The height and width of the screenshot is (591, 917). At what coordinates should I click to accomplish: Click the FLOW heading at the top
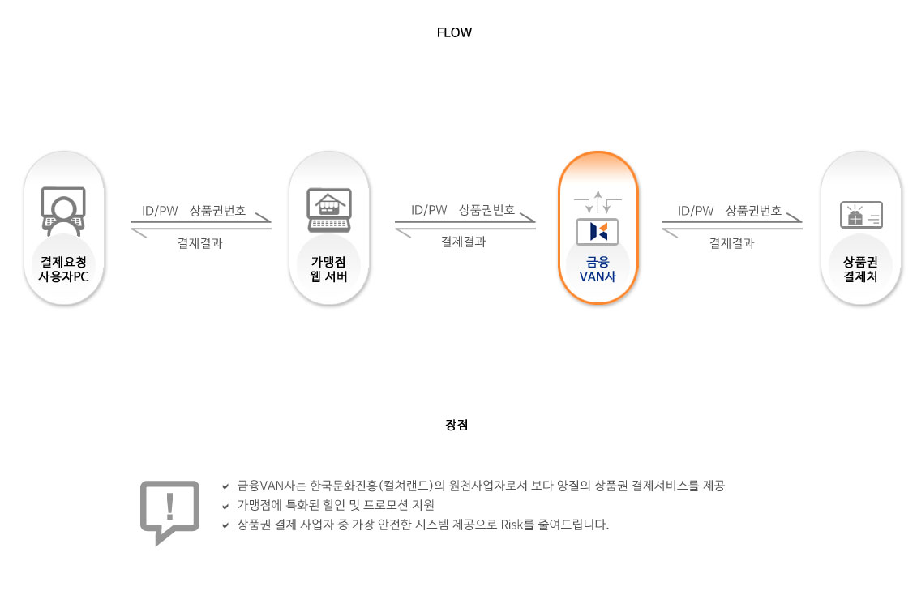[454, 33]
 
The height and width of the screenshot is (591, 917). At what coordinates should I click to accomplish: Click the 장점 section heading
[456, 425]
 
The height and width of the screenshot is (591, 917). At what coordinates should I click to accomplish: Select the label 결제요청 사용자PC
[63, 269]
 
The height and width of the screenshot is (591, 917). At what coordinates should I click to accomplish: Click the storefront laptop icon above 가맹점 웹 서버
[328, 210]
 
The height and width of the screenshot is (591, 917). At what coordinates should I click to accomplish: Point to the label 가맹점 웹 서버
[328, 269]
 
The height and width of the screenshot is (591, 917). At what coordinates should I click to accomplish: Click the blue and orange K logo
[598, 231]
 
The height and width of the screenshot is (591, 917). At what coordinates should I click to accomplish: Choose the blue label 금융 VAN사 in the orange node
[598, 269]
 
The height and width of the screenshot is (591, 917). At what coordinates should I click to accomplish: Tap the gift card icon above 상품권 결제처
[860, 216]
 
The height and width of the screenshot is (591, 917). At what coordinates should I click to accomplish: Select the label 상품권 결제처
[860, 269]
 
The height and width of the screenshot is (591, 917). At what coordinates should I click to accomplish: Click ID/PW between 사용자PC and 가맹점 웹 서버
[160, 211]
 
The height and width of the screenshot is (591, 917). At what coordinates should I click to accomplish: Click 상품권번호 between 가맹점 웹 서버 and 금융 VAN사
[486, 210]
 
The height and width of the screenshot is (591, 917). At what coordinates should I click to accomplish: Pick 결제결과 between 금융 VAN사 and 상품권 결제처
[731, 242]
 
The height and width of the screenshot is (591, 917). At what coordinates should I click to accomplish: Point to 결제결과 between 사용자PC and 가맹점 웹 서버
[199, 242]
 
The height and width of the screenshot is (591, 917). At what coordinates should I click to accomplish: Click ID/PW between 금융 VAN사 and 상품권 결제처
[696, 211]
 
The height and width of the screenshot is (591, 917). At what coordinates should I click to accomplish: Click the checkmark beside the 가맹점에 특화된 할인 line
[225, 506]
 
